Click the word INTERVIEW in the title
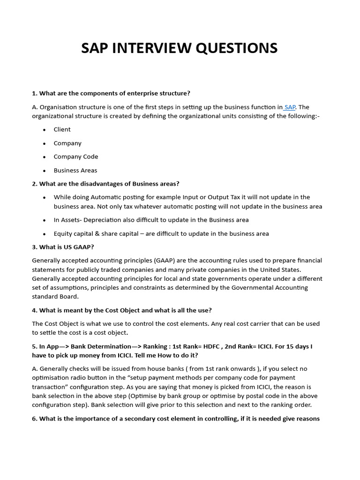[154, 48]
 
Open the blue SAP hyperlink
[290, 107]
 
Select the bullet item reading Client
[62, 129]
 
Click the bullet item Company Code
[75, 157]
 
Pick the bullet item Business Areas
[75, 170]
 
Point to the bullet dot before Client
[44, 130]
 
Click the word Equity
[64, 233]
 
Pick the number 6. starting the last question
[35, 419]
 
